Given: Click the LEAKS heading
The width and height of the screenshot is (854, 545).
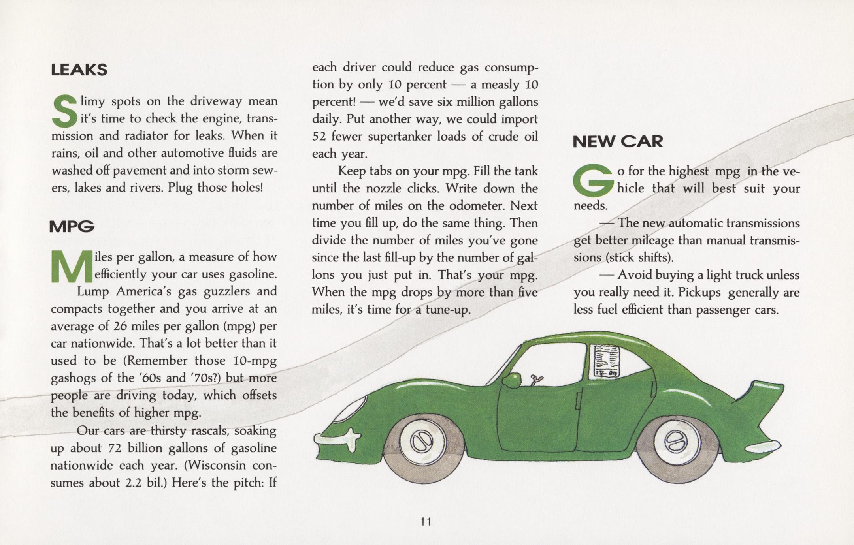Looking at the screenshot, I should (x=79, y=70).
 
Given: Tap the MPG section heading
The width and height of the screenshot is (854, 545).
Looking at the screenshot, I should (x=72, y=227).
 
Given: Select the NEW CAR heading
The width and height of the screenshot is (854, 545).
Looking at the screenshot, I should (x=617, y=141).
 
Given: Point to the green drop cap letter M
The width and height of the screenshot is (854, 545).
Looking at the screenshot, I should (x=72, y=267).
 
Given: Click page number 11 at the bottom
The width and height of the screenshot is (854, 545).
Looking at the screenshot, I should (x=426, y=522).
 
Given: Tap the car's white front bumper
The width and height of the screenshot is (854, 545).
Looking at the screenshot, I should (x=338, y=437).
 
